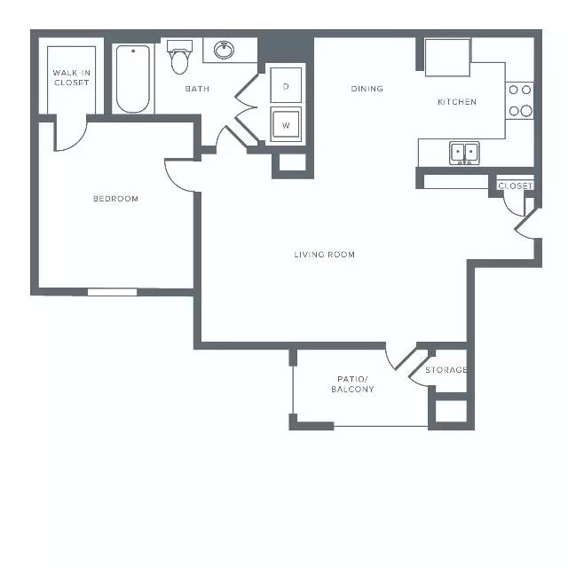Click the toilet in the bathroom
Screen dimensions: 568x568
tap(179, 57)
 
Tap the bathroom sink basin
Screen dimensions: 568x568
tap(224, 50)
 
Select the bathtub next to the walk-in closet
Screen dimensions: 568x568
tap(133, 79)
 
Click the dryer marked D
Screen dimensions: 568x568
tap(286, 85)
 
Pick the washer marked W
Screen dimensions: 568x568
tap(286, 124)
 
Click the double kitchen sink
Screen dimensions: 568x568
tap(464, 153)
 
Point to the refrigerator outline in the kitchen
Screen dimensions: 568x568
tap(447, 58)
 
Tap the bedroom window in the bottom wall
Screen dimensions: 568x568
tap(113, 292)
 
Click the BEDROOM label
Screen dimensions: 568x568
tap(115, 199)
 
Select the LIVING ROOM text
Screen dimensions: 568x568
tap(324, 255)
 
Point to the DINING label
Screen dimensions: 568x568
tap(367, 89)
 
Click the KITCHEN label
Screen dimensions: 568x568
tap(457, 102)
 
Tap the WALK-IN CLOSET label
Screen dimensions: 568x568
tap(71, 77)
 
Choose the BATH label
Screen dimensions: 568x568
tap(197, 89)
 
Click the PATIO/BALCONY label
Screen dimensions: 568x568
tap(352, 384)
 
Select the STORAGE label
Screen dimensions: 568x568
tap(446, 370)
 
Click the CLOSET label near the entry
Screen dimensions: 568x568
tap(515, 185)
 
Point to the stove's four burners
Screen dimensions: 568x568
tap(520, 100)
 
